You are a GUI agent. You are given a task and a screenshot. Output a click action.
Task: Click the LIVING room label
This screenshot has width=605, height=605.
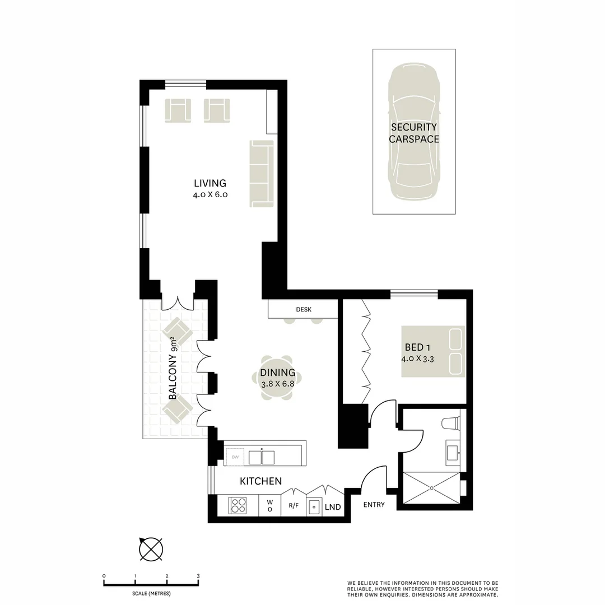point(210,183)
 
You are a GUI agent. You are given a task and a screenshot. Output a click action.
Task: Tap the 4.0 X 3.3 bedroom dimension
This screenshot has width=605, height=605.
point(417,359)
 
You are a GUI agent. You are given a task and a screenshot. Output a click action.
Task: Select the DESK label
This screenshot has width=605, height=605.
point(304,309)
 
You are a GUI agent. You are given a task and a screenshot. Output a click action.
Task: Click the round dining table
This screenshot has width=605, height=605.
point(278,378)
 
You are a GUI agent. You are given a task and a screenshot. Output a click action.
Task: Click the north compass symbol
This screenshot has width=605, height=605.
point(151,548)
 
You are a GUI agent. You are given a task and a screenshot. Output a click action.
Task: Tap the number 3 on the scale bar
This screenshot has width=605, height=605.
point(198,576)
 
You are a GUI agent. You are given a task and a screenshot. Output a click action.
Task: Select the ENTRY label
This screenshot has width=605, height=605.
point(374,505)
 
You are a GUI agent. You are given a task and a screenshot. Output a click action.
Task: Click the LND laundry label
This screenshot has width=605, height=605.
point(333,507)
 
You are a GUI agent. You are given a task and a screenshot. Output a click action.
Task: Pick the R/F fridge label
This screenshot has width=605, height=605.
point(294,506)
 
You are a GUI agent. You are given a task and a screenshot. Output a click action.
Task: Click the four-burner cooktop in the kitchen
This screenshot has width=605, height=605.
point(238,506)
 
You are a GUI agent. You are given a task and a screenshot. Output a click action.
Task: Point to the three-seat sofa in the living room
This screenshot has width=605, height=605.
point(261,173)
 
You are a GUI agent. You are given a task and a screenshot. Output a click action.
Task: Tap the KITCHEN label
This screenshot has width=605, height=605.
point(260,481)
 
